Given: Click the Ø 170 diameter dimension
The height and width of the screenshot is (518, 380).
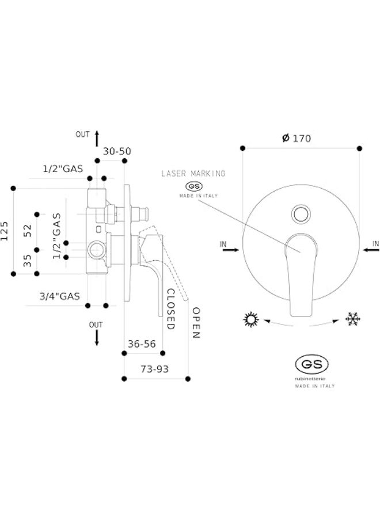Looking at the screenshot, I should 297,138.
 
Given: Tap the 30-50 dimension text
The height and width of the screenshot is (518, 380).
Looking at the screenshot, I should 117,151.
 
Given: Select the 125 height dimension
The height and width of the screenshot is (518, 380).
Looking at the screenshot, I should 5,231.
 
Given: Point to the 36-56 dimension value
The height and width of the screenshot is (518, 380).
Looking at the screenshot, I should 141,344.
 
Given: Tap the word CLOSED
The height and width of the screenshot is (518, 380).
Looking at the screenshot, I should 170,309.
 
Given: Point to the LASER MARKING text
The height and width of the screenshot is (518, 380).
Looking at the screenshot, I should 193,173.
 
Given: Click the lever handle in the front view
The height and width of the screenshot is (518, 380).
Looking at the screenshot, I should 300,271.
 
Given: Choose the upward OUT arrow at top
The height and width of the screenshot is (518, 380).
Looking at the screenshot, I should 97,136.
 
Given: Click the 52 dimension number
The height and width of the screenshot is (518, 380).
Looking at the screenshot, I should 27,231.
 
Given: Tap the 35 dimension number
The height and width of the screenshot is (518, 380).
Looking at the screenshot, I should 27,261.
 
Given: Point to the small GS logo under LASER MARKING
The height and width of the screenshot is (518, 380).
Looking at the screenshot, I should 193,186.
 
